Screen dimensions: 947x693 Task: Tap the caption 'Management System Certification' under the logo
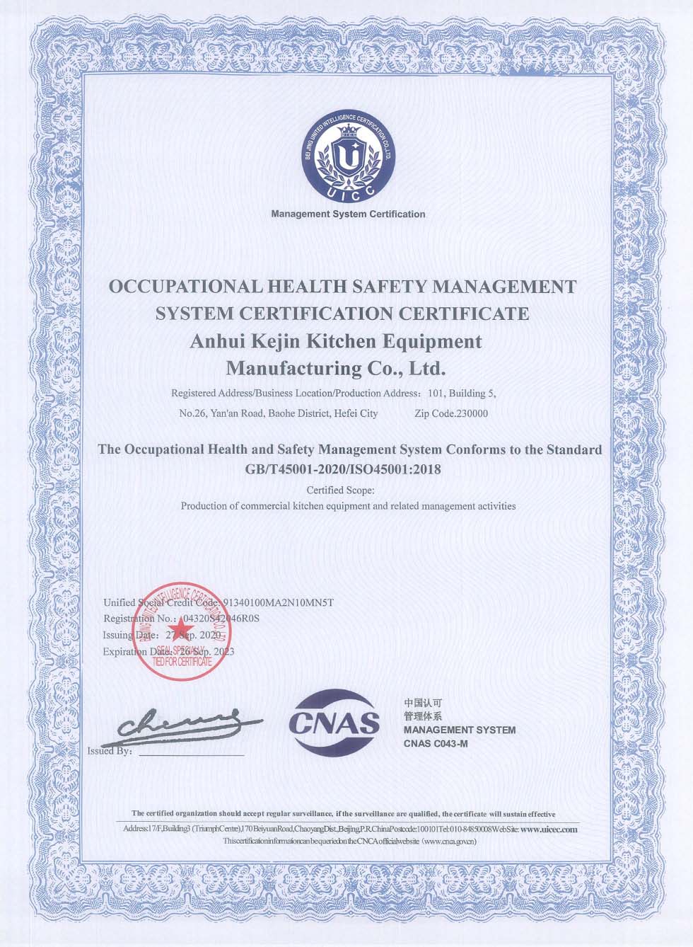click(x=348, y=214)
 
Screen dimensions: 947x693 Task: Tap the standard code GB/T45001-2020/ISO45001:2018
click(x=343, y=469)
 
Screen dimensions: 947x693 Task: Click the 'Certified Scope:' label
click(x=341, y=490)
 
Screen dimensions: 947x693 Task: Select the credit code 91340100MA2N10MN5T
click(x=278, y=603)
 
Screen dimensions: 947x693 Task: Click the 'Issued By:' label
click(x=110, y=751)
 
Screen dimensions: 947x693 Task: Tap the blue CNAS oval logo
click(x=334, y=723)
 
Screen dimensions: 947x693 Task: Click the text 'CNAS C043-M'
click(x=436, y=743)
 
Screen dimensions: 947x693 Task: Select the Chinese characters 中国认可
click(x=422, y=703)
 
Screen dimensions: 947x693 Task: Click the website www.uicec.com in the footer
click(x=549, y=829)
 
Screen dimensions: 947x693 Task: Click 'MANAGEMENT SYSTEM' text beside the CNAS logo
click(x=459, y=730)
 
